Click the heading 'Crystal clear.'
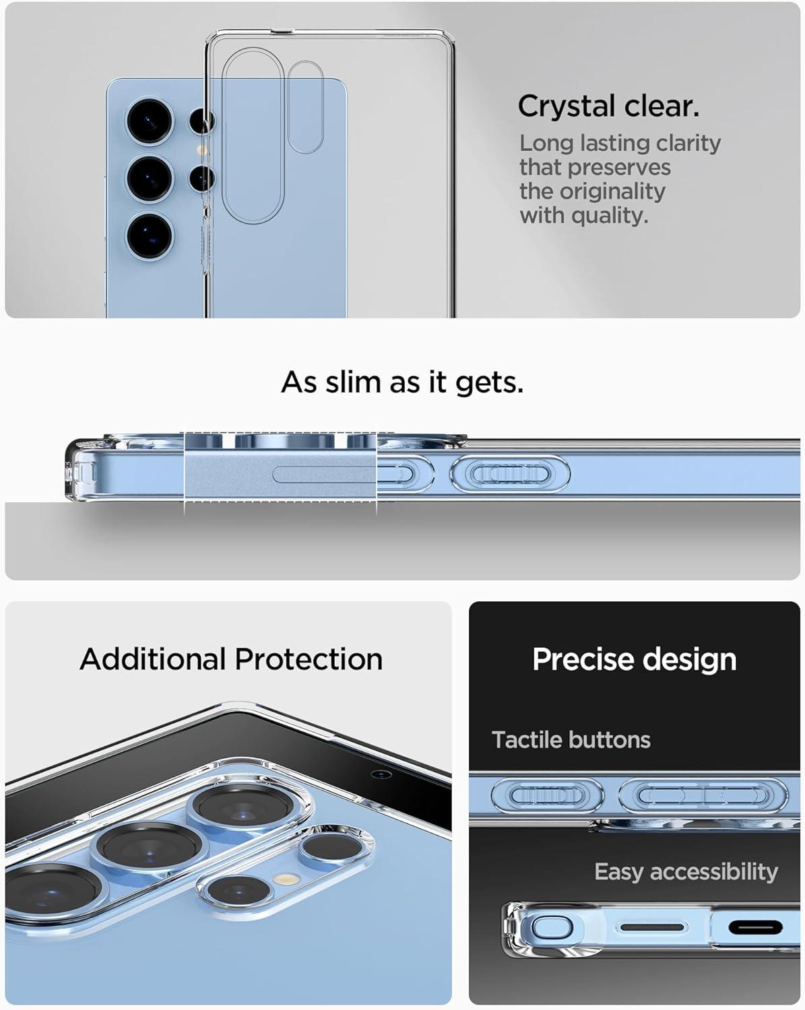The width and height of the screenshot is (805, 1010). [x=608, y=106]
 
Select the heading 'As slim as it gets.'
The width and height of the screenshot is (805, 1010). [x=402, y=382]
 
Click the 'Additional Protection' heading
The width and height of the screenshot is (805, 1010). [x=231, y=659]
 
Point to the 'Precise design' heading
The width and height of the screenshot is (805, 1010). [x=634, y=659]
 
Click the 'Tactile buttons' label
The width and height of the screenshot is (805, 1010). [x=571, y=739]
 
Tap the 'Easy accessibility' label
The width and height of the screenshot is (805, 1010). [x=686, y=871]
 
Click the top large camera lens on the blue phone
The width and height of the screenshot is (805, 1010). [x=151, y=122]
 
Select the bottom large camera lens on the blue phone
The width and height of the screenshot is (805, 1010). [x=150, y=234]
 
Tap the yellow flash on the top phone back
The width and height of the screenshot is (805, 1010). [x=200, y=150]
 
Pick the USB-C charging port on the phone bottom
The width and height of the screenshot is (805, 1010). [x=755, y=929]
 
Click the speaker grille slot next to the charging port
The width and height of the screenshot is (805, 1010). [x=651, y=928]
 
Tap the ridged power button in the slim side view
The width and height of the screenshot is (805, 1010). [x=510, y=473]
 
